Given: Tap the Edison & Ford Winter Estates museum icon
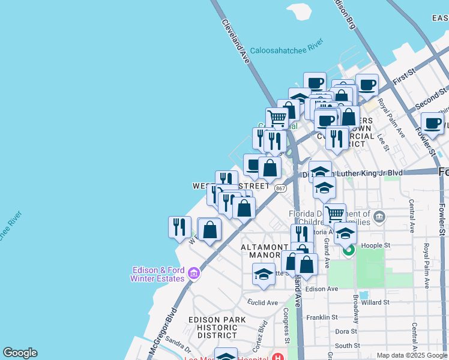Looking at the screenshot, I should (x=193, y=274).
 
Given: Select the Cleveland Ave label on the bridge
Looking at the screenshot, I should (x=236, y=41).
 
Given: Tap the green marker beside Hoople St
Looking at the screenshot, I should (x=349, y=248).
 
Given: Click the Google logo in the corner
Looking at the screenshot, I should (x=20, y=353).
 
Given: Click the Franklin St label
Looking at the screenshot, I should (x=322, y=317).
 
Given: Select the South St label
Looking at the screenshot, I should (x=348, y=346).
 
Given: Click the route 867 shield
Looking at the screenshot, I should (x=280, y=188).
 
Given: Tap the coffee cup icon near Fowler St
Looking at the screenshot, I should (x=432, y=123).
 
